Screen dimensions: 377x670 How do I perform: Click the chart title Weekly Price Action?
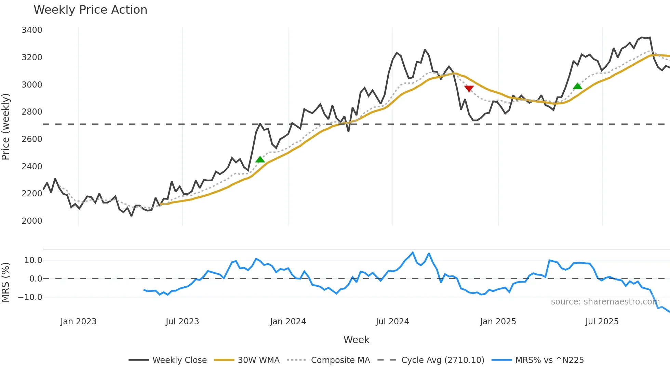(x=90, y=10)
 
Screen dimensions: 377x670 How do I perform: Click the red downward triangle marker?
(x=469, y=89)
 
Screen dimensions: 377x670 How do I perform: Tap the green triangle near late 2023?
(x=260, y=159)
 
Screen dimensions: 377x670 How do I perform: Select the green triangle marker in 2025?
(x=577, y=86)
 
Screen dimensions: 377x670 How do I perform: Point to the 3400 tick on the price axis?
(x=32, y=30)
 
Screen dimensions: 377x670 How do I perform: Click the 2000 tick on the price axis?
(x=32, y=221)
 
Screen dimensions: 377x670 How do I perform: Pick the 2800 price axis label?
(x=32, y=112)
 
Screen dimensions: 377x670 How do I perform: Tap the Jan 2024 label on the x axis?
(x=288, y=322)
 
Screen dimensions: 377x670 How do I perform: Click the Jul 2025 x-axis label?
(x=602, y=322)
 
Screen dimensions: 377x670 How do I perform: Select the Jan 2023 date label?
(x=78, y=322)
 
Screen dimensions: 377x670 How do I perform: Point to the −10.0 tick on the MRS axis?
(x=30, y=297)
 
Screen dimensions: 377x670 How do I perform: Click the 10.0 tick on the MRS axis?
(x=33, y=260)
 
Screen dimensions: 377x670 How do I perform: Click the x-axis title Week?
(x=356, y=340)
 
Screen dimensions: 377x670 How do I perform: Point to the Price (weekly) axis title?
(x=6, y=127)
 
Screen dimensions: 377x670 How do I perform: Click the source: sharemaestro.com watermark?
(x=605, y=302)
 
